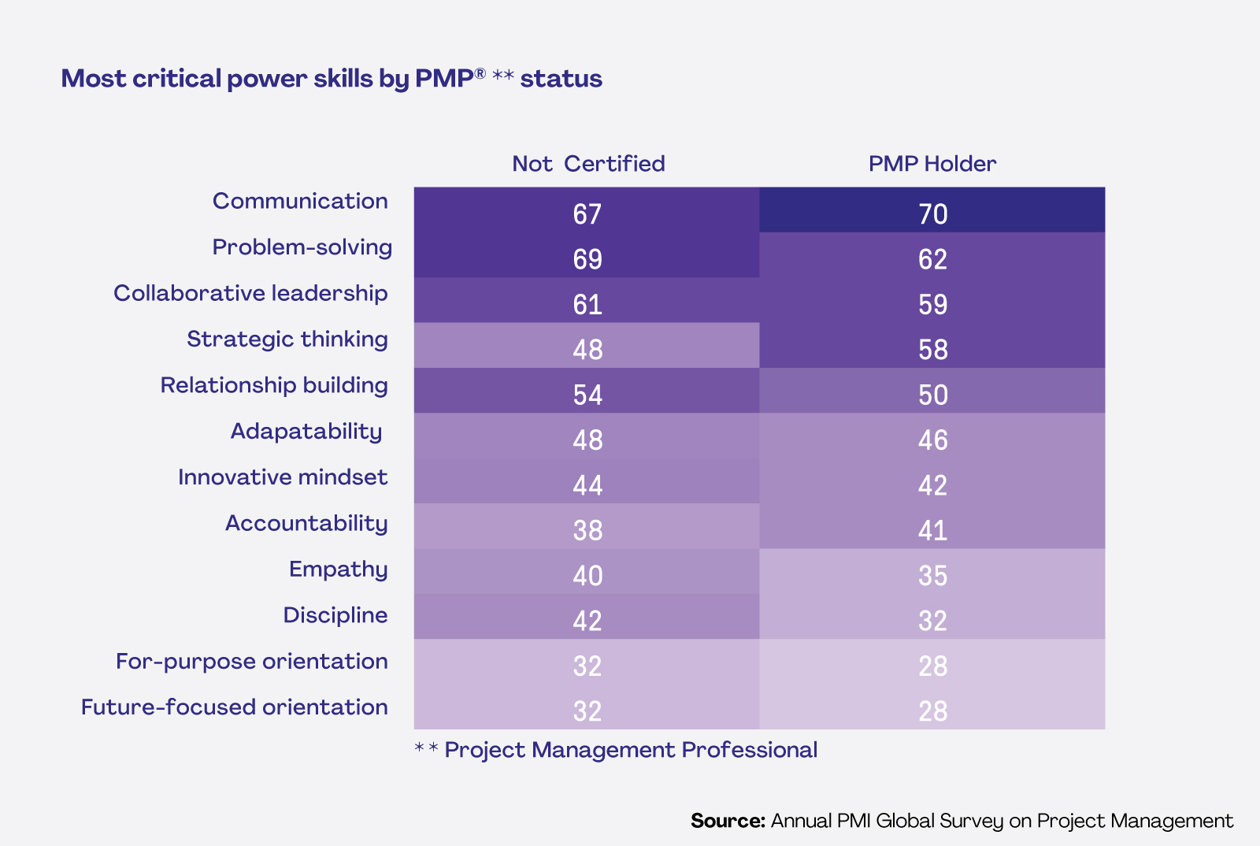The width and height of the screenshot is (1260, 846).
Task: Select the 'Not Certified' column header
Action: [x=588, y=164]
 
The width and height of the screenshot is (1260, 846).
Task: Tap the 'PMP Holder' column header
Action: [x=932, y=164]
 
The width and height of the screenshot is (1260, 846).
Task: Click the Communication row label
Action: [x=300, y=201]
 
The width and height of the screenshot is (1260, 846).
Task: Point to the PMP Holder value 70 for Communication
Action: [x=932, y=214]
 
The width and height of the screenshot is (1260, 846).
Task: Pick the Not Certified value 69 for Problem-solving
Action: [x=587, y=259]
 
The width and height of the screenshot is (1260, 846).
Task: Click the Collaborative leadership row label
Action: [x=250, y=293]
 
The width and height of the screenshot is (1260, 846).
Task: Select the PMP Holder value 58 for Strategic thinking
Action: [x=932, y=350]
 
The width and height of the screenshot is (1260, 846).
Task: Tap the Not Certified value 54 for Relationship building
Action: [x=587, y=395]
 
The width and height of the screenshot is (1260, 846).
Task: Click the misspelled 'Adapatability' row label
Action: [x=306, y=432]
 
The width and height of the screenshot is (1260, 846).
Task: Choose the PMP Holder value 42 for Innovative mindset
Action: [x=932, y=485]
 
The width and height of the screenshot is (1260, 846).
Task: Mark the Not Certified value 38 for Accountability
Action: [x=587, y=530]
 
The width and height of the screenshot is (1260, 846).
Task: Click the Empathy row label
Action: [x=338, y=570]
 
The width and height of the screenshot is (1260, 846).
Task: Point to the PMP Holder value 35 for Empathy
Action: [x=932, y=576]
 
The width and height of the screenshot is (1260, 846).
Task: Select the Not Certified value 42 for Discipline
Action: [x=587, y=621]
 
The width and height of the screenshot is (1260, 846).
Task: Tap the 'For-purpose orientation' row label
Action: [x=251, y=662]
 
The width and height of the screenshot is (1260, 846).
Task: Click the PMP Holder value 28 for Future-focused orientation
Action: [x=932, y=711]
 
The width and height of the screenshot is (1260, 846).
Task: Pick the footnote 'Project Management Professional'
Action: [x=630, y=750]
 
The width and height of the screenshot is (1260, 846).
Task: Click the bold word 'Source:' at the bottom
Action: [x=728, y=821]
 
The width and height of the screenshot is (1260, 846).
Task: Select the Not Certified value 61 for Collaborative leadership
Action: [x=587, y=305]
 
